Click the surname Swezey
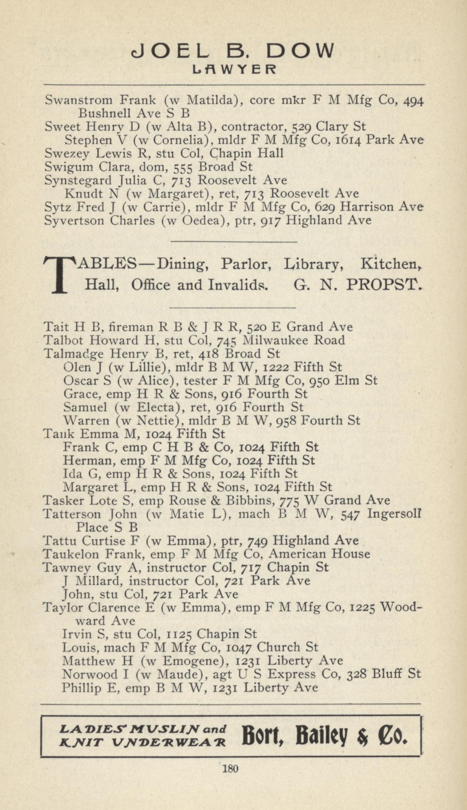point(66,153)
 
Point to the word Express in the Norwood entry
point(292,674)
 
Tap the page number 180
point(230,768)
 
